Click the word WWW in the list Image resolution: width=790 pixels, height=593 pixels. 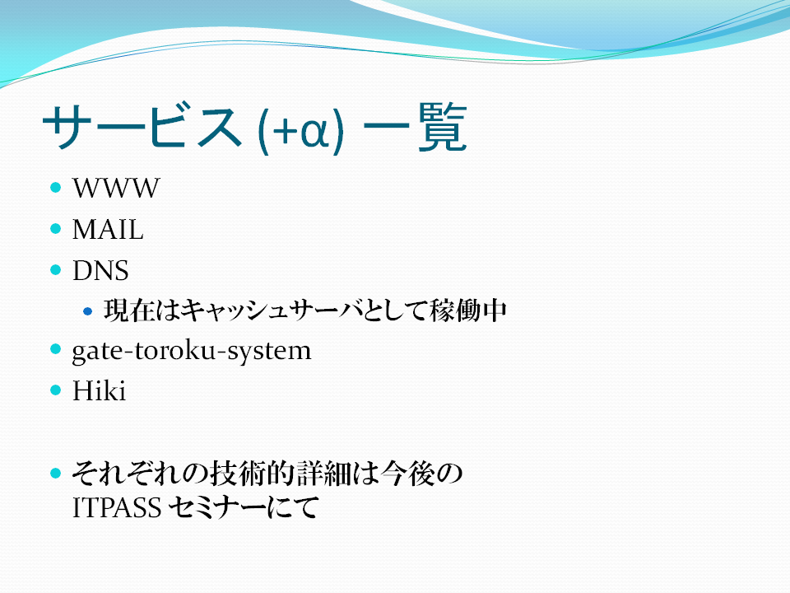click(x=116, y=188)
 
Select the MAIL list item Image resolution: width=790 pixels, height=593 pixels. click(x=108, y=230)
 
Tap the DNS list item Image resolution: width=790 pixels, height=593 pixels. click(x=100, y=271)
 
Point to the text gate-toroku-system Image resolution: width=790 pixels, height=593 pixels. click(x=192, y=351)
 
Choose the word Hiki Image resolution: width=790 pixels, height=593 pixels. click(x=99, y=390)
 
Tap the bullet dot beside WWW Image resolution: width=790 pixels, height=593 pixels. click(x=56, y=188)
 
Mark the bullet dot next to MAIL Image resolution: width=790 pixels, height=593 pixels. click(x=56, y=229)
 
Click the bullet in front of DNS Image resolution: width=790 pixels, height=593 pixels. click(x=56, y=270)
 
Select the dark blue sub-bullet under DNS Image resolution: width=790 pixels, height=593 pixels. click(x=88, y=311)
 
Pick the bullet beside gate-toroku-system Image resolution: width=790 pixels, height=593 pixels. click(x=56, y=349)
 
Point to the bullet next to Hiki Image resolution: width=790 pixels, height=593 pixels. click(x=56, y=390)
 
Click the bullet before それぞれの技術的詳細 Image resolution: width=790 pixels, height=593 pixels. click(x=56, y=473)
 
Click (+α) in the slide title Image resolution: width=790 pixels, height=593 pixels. click(x=300, y=129)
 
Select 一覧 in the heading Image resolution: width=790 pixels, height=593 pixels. click(x=415, y=127)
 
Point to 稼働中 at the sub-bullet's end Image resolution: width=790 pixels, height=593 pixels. click(x=468, y=311)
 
